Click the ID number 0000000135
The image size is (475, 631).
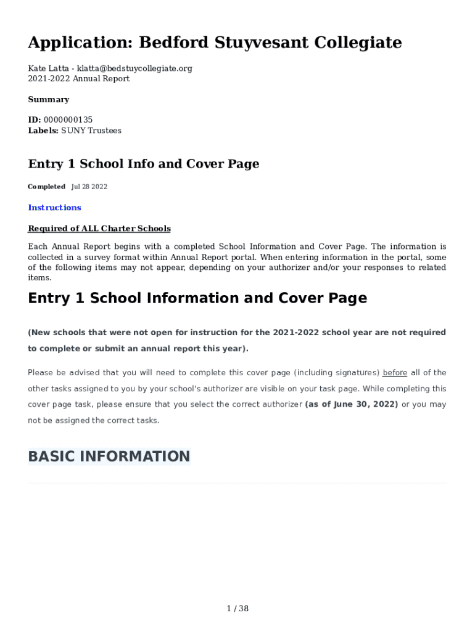[x=68, y=120]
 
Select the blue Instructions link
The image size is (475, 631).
[x=54, y=208]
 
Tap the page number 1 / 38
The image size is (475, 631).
[x=238, y=609]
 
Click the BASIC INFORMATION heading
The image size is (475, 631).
[x=109, y=457]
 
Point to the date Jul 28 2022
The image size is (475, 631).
[x=89, y=187]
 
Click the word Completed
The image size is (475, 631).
[x=46, y=187]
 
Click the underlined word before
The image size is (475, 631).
[x=395, y=373]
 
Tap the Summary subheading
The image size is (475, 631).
[x=48, y=99]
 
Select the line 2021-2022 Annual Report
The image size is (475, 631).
[x=78, y=79]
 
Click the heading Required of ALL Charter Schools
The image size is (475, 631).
[x=99, y=229]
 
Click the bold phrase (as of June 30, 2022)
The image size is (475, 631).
[x=352, y=404]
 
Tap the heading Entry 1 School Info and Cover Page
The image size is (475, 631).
[x=143, y=164]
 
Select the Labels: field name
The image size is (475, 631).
[x=43, y=131]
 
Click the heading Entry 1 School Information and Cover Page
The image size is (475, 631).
[x=197, y=298]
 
